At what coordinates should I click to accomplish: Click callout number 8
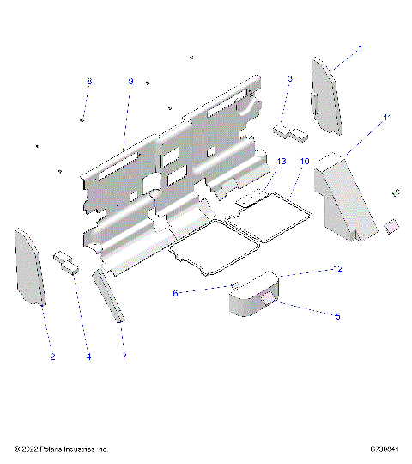tap(88, 81)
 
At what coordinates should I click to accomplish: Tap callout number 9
tap(130, 81)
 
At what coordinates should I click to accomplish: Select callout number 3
tap(290, 78)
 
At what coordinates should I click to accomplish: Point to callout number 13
tap(281, 161)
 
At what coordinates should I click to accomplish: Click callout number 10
tap(304, 161)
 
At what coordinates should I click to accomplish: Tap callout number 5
tap(337, 316)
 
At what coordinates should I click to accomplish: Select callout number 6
tap(175, 293)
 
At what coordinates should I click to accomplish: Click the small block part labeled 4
tap(66, 260)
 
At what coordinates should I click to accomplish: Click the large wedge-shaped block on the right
tap(343, 193)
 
